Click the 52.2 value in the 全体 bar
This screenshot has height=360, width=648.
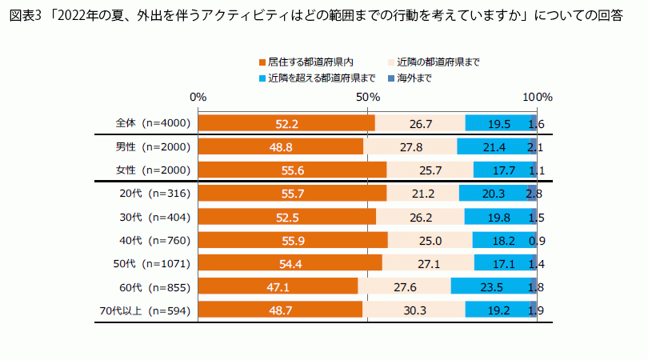click(x=286, y=124)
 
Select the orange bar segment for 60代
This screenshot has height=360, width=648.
click(x=277, y=286)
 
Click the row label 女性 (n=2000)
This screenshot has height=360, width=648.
click(x=152, y=170)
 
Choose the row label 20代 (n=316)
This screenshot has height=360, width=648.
click(x=152, y=194)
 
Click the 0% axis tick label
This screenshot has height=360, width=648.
click(x=198, y=97)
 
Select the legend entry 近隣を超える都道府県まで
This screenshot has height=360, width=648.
click(x=317, y=78)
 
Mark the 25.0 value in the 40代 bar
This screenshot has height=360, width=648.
click(x=430, y=240)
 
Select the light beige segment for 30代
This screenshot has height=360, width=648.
click(x=420, y=217)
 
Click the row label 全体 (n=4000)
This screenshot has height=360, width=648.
click(x=152, y=124)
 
